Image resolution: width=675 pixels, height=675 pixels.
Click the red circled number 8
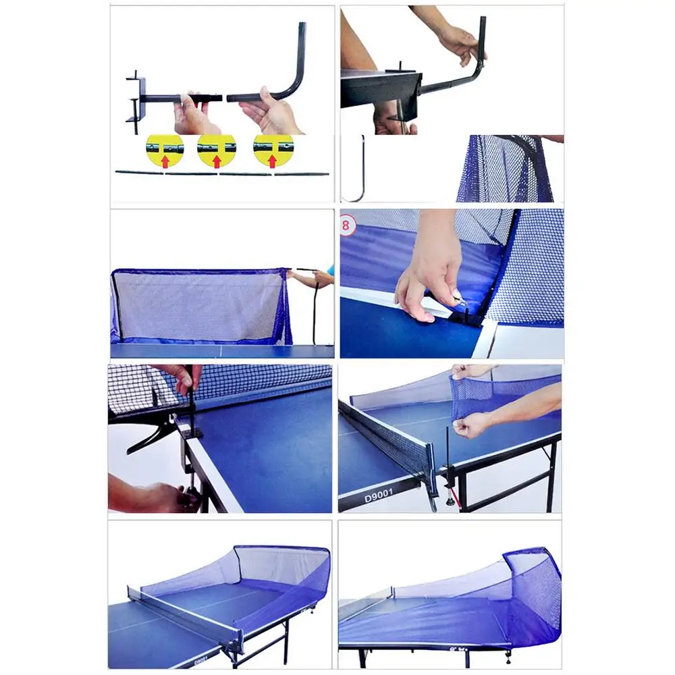(347, 225)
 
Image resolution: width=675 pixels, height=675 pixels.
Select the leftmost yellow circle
(165, 150)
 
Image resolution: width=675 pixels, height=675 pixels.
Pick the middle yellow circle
(217, 150)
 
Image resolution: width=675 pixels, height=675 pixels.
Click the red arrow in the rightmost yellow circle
(273, 161)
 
